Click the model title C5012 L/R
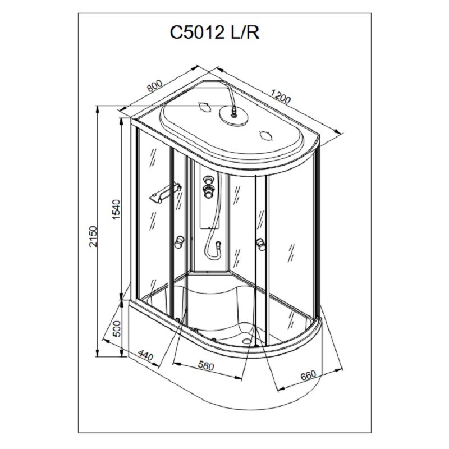(x=214, y=33)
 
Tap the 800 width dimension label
(x=155, y=85)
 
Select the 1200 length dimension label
(x=280, y=96)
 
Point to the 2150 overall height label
(x=93, y=236)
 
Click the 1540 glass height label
(x=116, y=209)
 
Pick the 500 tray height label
(x=116, y=328)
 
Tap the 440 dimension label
(x=146, y=355)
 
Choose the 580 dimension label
(x=206, y=366)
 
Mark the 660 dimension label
(x=308, y=375)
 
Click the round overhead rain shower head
(x=234, y=116)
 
